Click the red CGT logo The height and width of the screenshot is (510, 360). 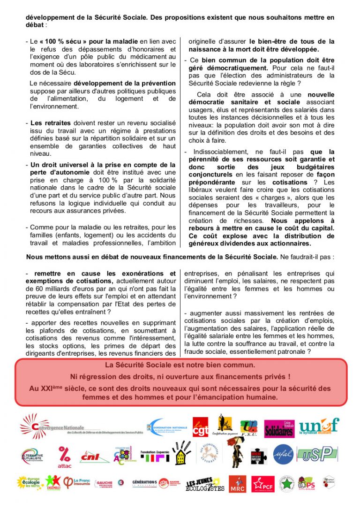pyautogui.click(x=200, y=426)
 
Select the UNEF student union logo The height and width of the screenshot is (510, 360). pyautogui.click(x=319, y=426)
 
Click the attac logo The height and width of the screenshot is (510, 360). pyautogui.click(x=64, y=457)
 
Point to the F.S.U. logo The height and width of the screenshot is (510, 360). pyautogui.click(x=248, y=427)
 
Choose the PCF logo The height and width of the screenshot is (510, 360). pyautogui.click(x=263, y=483)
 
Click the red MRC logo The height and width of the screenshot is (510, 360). pyautogui.click(x=237, y=484)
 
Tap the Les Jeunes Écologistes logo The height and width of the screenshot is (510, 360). pyautogui.click(x=205, y=484)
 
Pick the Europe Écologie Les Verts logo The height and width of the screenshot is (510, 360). pyautogui.click(x=30, y=483)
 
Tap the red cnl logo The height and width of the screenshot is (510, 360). pyautogui.click(x=90, y=455)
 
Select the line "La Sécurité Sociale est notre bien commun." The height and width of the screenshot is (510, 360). pyautogui.click(x=180, y=365)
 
